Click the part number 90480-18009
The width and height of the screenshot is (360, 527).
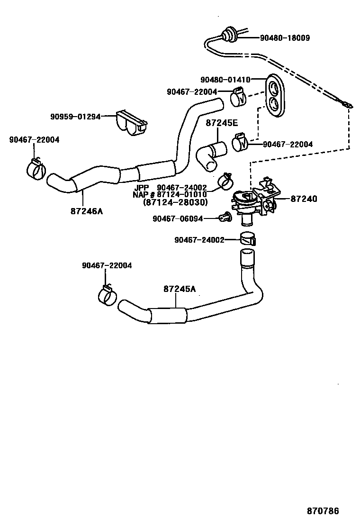(285, 38)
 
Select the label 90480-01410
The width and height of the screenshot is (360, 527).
(225, 80)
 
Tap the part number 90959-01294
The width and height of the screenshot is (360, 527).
(75, 116)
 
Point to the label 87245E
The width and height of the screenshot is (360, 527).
(222, 123)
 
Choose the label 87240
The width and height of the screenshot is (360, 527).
(304, 200)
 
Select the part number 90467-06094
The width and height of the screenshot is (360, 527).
(178, 218)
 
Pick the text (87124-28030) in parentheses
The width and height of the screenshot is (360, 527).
(175, 202)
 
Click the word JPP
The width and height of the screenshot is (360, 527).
(142, 188)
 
